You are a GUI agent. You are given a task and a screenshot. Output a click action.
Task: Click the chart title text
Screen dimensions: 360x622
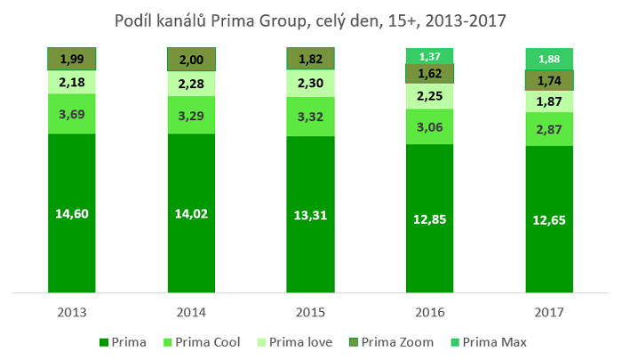pos(311,19)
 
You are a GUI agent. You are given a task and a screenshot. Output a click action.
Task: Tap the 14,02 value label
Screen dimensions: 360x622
pos(191,213)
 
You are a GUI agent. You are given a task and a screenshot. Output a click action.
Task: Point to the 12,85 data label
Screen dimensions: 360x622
pos(430,219)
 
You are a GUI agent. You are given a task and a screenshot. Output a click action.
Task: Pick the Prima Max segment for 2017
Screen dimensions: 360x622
pos(549,59)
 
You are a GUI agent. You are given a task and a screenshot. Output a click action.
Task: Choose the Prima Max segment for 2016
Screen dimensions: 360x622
pos(430,56)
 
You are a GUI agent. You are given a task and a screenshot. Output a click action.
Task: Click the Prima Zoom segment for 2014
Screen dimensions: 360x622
pos(191,59)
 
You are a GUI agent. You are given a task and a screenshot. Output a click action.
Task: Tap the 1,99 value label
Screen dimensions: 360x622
pos(71,59)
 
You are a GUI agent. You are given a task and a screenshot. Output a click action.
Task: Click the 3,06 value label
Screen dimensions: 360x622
pos(430,126)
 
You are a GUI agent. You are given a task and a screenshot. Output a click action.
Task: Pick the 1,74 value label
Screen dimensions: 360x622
pos(549,80)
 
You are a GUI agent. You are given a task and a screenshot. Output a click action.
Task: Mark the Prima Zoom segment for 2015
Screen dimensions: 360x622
pos(311,59)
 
